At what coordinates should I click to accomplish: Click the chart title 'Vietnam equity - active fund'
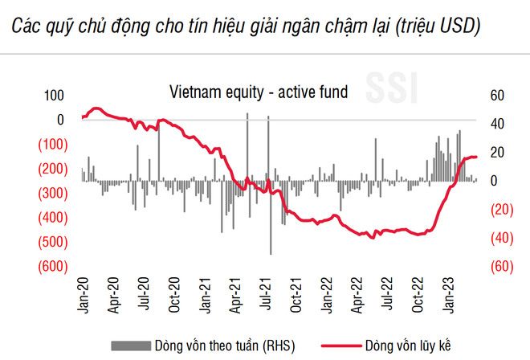(257, 92)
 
